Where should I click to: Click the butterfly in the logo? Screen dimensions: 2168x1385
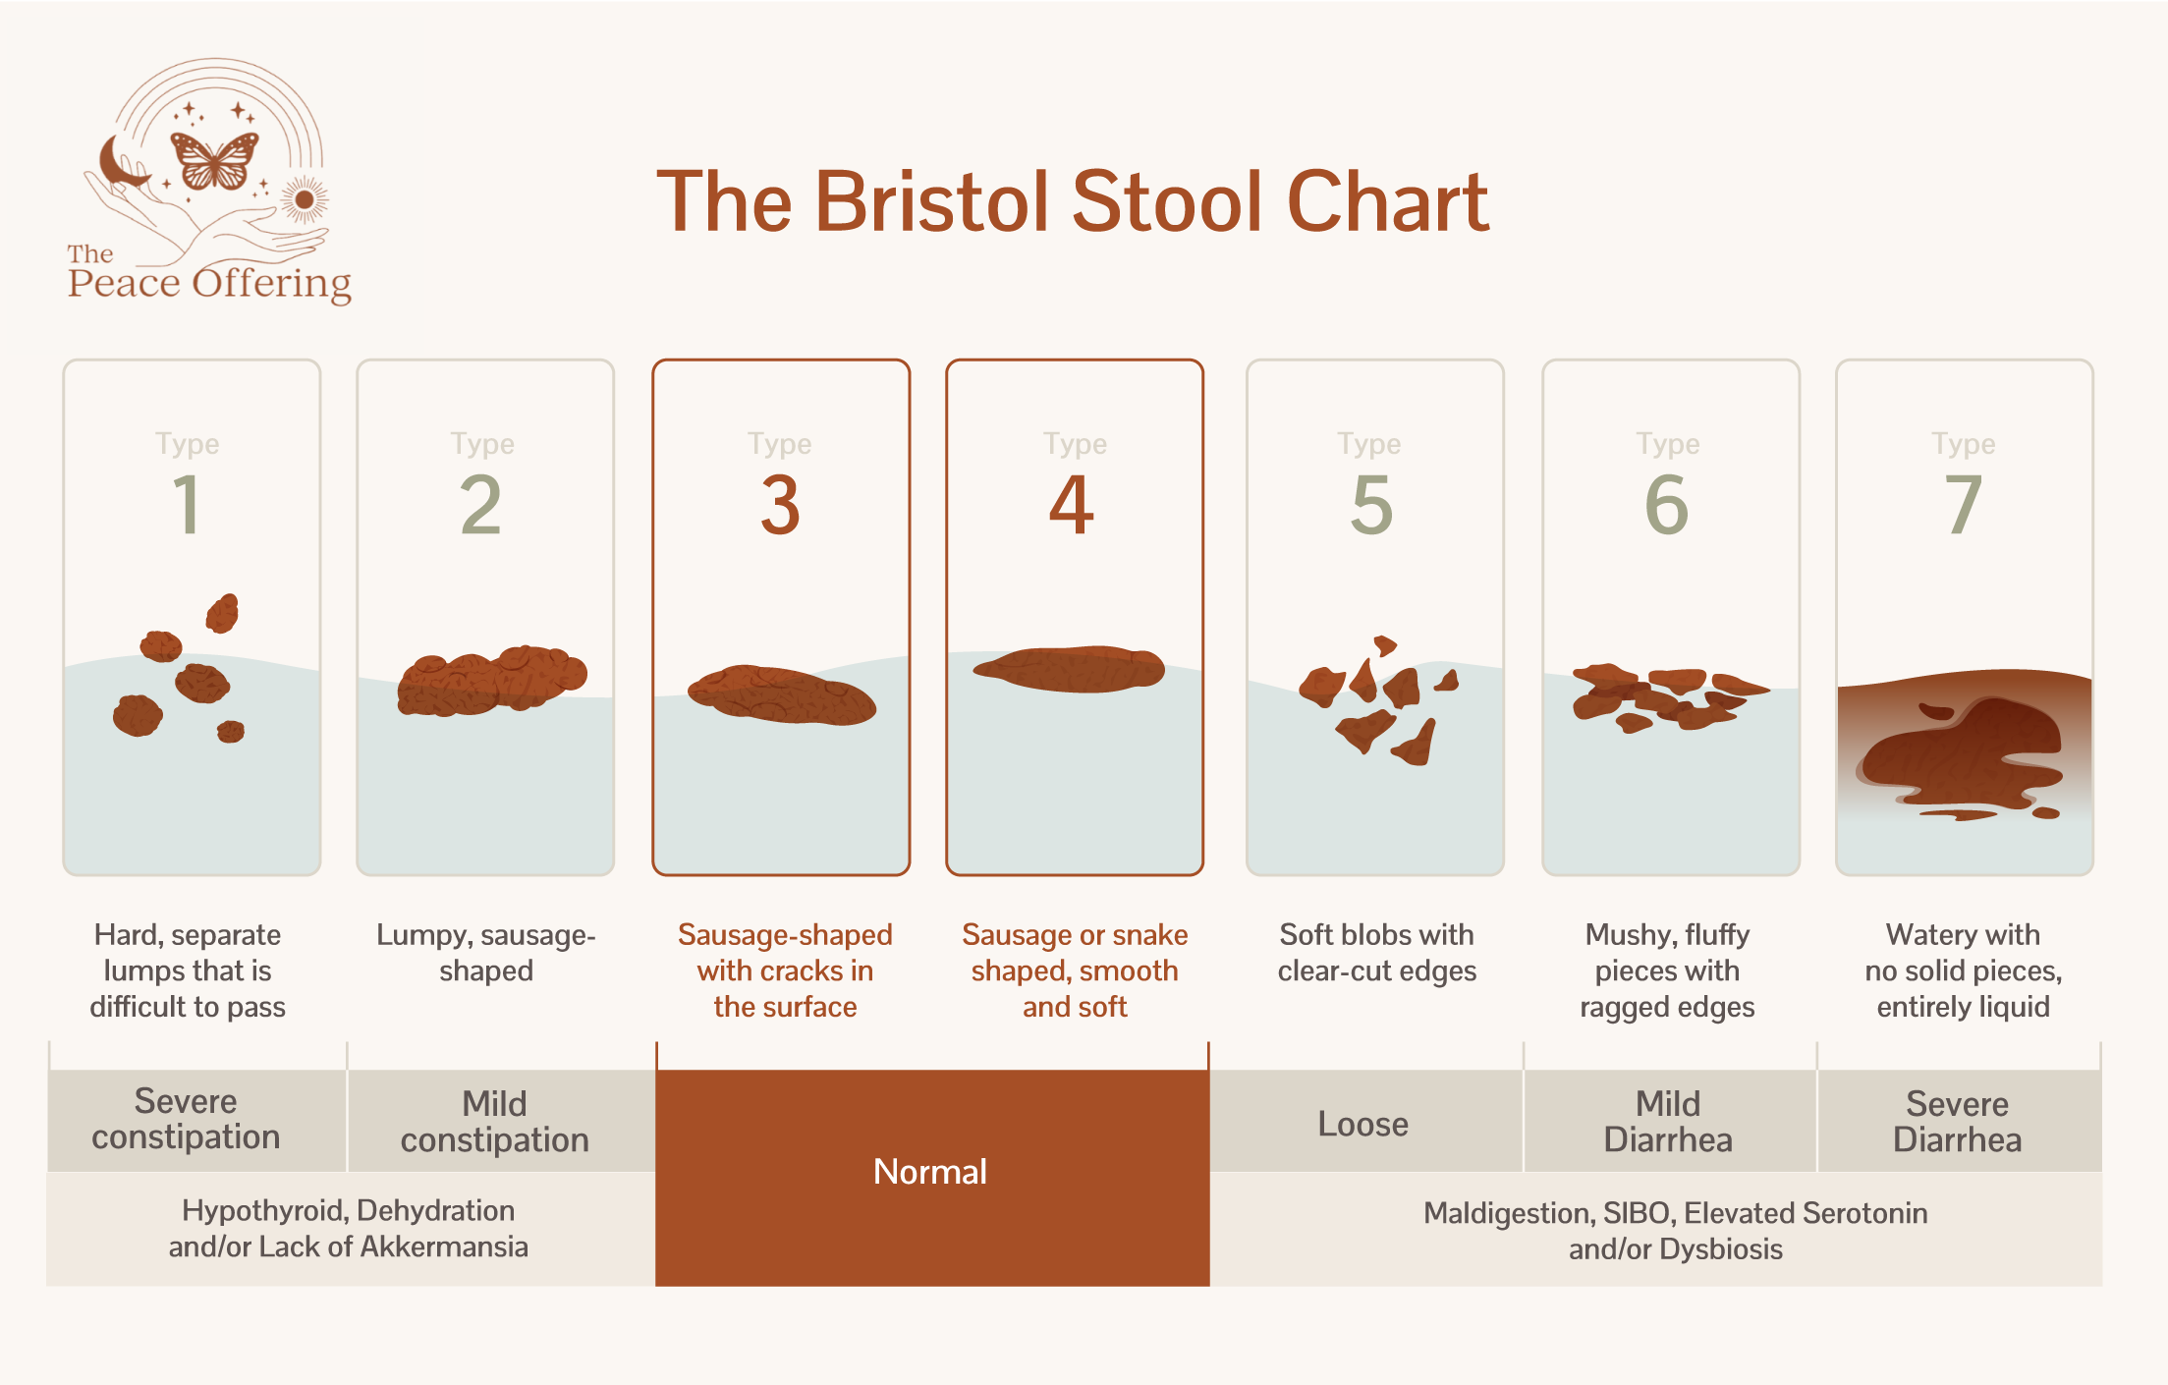click(x=214, y=160)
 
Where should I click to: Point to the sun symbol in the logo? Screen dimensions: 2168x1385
click(x=305, y=200)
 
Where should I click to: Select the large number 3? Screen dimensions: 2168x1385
click(x=781, y=505)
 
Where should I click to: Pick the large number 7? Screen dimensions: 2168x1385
click(x=1963, y=505)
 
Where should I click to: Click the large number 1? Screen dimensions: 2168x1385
click(x=187, y=505)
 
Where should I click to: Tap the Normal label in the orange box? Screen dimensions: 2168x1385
click(x=929, y=1172)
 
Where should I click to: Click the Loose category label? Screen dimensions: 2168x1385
click(x=1362, y=1124)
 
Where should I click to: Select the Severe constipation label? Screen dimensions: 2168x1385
click(x=186, y=1119)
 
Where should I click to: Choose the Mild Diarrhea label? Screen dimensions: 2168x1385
click(x=1667, y=1122)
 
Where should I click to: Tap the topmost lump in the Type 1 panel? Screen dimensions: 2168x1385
click(x=223, y=613)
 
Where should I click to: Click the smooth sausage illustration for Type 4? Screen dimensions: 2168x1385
click(x=1071, y=669)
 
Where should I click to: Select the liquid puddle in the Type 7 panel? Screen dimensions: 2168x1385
click(x=1962, y=756)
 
